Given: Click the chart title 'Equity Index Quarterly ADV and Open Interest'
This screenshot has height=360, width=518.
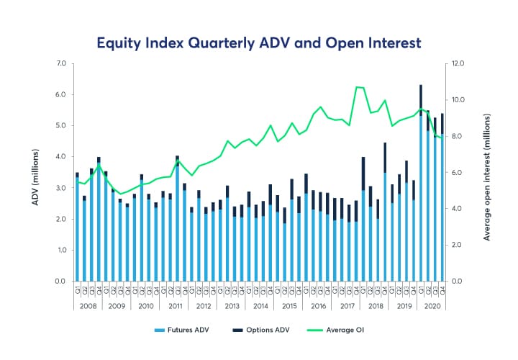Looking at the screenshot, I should [x=258, y=42].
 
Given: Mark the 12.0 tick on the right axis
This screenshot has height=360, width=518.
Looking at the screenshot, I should [x=459, y=63].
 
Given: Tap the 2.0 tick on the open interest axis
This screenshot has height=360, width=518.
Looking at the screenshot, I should [x=458, y=245].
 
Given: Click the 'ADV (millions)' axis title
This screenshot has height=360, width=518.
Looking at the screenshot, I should [x=35, y=172].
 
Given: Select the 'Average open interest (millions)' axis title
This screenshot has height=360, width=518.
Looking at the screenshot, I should [x=487, y=172].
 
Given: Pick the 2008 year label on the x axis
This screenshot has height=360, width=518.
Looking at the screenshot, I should [x=88, y=305].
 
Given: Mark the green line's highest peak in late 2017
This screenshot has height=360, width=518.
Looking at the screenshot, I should [x=358, y=87].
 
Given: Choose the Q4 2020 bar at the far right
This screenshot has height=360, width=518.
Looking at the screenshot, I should [x=441, y=198].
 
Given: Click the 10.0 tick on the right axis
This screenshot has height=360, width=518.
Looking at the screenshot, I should [x=459, y=99].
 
